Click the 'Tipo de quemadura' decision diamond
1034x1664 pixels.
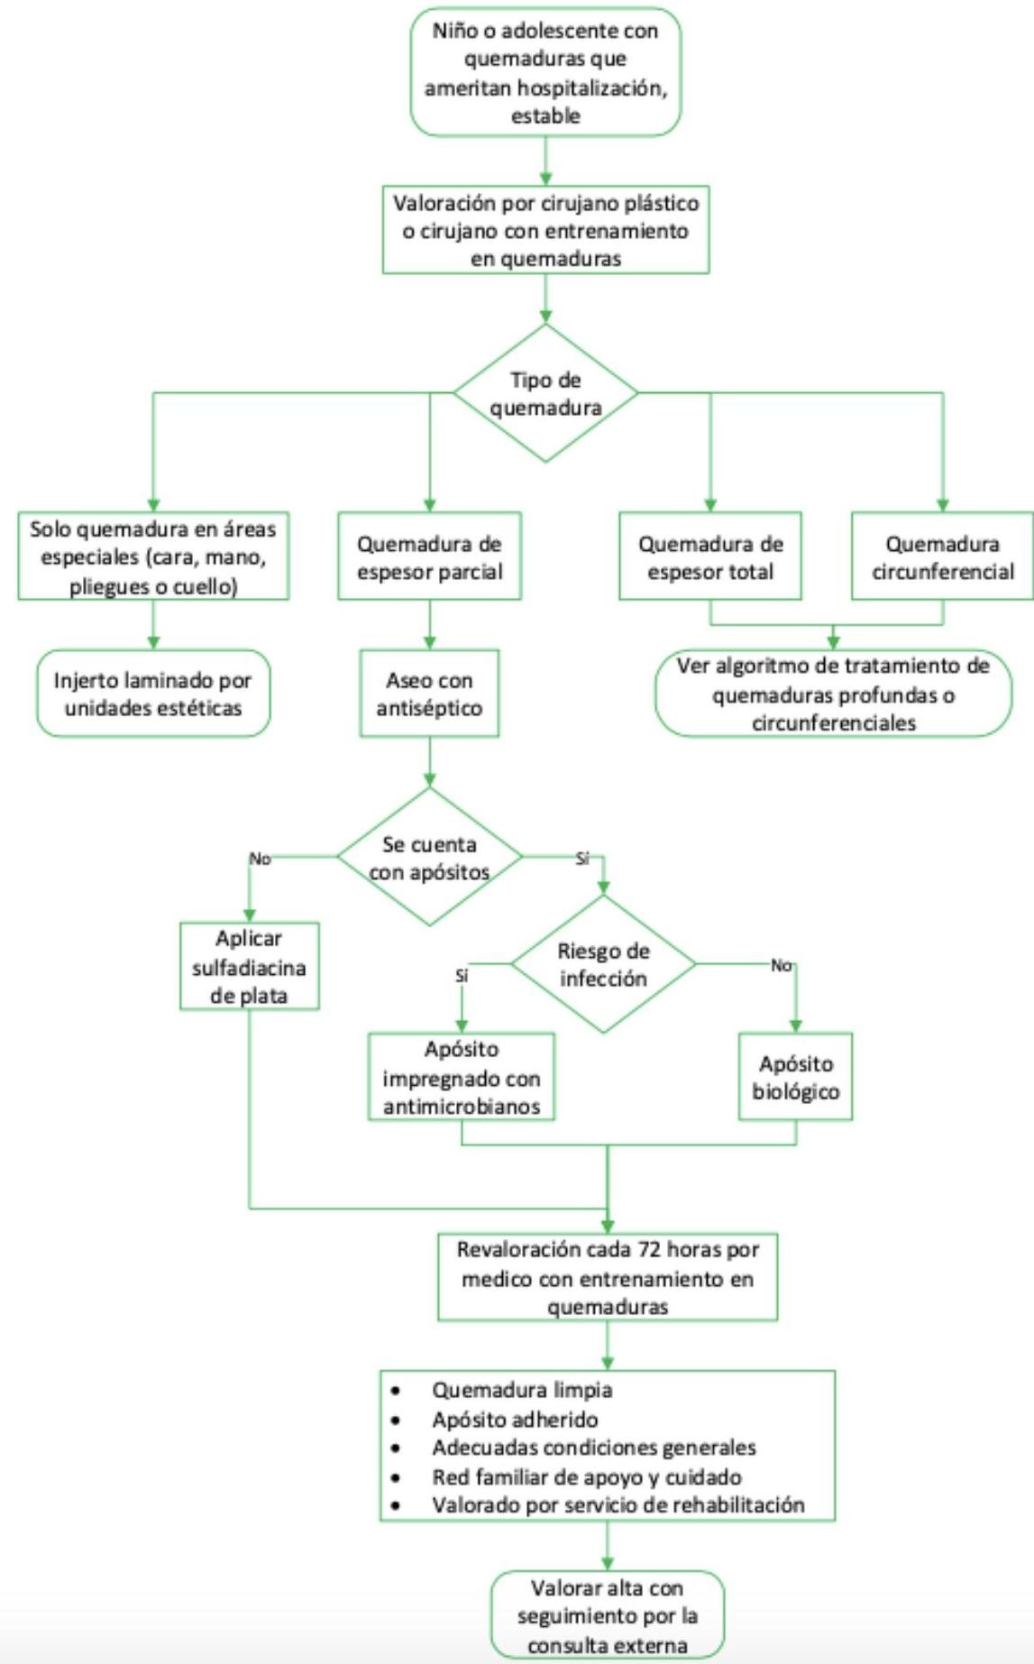[x=545, y=393]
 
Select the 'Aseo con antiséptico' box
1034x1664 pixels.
[x=429, y=694]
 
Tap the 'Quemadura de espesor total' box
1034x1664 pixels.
[x=710, y=557]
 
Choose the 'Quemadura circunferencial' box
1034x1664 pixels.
[x=942, y=557]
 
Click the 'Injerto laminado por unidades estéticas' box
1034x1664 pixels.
[x=153, y=694]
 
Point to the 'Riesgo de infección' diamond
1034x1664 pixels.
[x=603, y=964]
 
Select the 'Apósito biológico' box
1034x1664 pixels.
[x=795, y=1077]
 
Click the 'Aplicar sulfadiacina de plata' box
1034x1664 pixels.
[x=249, y=967]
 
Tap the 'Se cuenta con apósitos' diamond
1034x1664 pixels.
[x=429, y=858]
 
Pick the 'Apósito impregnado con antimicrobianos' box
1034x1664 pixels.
[x=462, y=1077]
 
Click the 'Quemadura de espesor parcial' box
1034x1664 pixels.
[x=429, y=557]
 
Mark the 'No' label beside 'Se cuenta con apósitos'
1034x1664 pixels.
[x=260, y=859]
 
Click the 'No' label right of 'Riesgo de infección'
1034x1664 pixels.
[x=781, y=965]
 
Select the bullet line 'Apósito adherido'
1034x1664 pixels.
[x=515, y=1420]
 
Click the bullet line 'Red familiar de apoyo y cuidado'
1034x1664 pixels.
[x=586, y=1477]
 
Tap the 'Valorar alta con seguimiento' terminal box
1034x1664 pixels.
[x=607, y=1616]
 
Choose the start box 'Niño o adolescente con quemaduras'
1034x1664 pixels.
[x=545, y=72]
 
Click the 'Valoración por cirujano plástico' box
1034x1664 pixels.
[x=545, y=230]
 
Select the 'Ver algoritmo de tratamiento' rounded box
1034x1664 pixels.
[x=833, y=694]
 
